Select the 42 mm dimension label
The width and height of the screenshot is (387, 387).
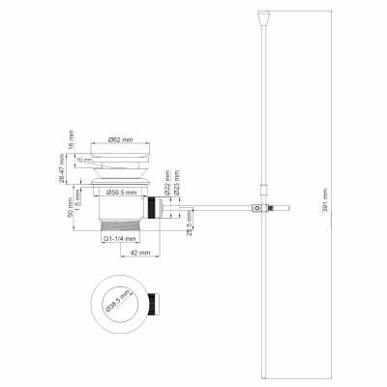(136, 253)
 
